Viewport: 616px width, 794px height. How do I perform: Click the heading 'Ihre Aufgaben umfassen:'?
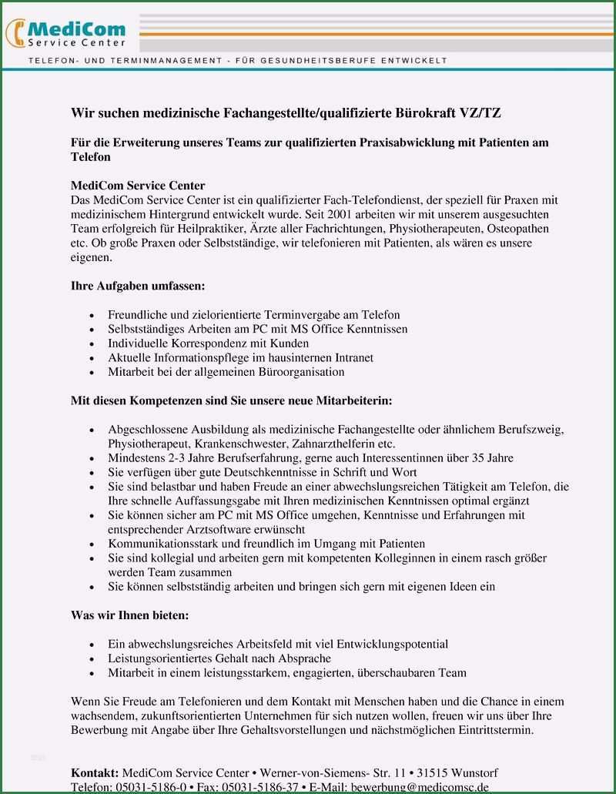click(x=138, y=286)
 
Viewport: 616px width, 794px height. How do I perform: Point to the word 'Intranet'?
click(x=350, y=357)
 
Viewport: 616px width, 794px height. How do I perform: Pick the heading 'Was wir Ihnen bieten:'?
click(x=129, y=616)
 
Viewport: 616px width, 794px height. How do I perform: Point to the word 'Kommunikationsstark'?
click(x=160, y=544)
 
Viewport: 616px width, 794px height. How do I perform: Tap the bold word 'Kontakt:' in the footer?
click(x=95, y=772)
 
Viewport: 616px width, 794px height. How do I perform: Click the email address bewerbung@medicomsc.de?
click(x=420, y=787)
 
